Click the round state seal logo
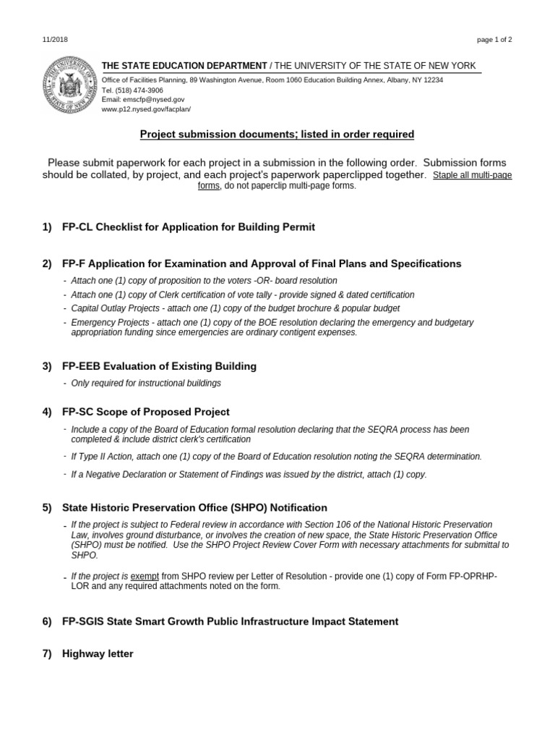click(70, 85)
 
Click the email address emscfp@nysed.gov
click(143, 99)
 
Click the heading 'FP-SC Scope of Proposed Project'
click(146, 412)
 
